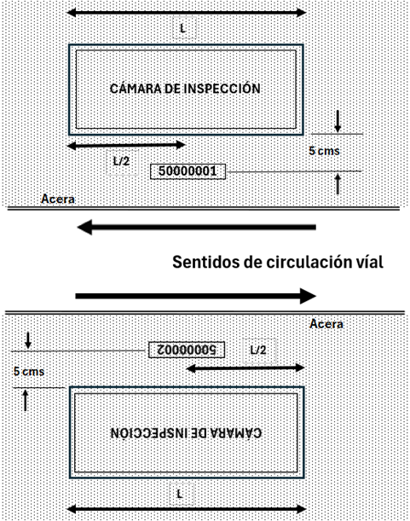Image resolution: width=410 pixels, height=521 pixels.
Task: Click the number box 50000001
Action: [188, 171]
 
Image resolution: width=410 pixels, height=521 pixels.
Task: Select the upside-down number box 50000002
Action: [187, 350]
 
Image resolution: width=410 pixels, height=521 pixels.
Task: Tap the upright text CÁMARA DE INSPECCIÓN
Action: [185, 89]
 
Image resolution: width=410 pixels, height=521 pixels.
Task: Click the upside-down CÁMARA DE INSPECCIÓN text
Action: [186, 432]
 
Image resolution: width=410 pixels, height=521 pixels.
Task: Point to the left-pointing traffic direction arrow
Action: [196, 228]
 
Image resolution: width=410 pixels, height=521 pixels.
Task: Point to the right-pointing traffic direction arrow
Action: [196, 296]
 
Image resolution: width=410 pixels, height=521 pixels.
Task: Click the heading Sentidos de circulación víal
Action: [278, 262]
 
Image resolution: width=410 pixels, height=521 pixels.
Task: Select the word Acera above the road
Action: [58, 199]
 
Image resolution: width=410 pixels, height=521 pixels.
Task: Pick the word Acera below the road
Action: [326, 324]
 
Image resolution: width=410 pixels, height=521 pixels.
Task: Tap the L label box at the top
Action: [184, 28]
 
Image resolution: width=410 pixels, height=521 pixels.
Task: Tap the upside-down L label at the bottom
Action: [181, 495]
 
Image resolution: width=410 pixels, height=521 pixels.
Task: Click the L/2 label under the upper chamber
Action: [122, 162]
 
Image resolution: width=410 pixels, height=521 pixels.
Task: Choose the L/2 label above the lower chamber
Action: [259, 350]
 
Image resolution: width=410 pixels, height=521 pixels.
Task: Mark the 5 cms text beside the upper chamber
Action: [324, 151]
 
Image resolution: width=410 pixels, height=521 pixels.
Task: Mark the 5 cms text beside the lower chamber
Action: [29, 371]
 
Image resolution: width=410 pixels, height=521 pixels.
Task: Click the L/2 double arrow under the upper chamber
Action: [126, 145]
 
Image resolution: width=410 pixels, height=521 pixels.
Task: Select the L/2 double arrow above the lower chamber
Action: [245, 368]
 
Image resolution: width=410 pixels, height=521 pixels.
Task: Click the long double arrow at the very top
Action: [187, 13]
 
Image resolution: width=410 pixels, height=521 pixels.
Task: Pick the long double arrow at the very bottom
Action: [187, 509]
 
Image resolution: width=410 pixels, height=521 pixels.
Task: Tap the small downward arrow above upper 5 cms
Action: [338, 121]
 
